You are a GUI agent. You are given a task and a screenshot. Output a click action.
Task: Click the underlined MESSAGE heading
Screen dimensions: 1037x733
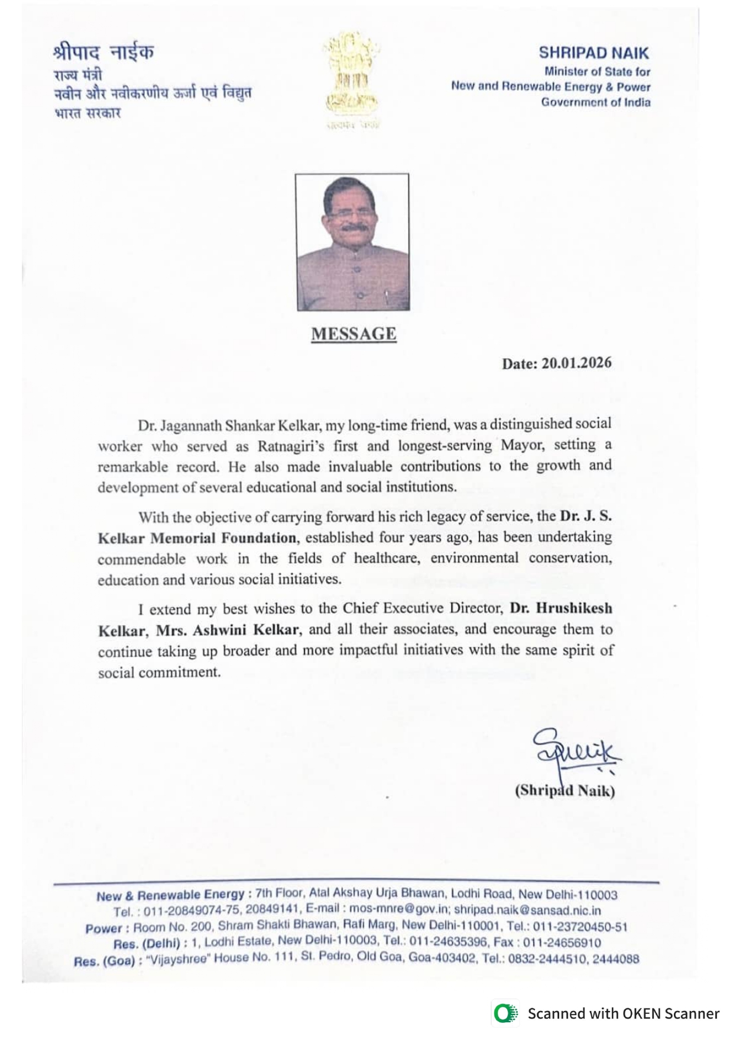tap(353, 334)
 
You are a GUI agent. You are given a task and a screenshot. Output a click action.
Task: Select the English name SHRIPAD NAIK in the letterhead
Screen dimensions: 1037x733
tap(593, 53)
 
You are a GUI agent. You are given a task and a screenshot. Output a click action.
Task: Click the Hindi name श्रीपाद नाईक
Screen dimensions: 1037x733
tap(103, 52)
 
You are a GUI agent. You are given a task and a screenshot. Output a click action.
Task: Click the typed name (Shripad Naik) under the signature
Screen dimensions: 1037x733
tap(565, 791)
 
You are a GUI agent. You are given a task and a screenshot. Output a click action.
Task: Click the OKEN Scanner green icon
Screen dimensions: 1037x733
tap(504, 1013)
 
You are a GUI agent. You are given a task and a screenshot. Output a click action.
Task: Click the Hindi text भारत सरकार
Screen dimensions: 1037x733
tap(87, 113)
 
